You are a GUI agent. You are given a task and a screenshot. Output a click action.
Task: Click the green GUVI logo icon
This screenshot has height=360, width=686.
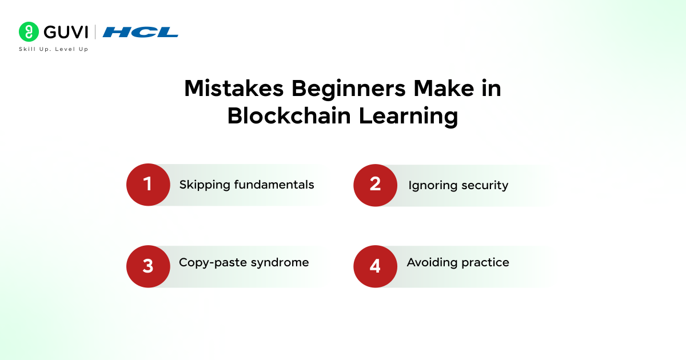coord(29,31)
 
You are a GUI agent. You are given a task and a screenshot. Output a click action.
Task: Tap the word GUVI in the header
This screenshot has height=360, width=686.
coord(66,32)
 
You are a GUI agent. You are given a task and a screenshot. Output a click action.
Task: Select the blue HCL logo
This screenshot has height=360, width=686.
coord(140,32)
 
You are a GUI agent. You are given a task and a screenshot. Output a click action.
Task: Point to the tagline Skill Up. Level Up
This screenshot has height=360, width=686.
coord(54,49)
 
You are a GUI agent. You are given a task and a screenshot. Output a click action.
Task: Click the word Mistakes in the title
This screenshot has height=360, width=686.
coord(234,89)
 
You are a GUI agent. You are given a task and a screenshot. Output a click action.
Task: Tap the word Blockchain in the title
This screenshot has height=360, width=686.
coord(289,115)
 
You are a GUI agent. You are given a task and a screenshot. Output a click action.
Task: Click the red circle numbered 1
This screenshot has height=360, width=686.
coord(148,185)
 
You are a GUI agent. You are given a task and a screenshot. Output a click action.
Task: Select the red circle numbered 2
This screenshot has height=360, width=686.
coord(376,185)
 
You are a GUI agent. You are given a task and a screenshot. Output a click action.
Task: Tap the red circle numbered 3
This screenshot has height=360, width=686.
coord(148,266)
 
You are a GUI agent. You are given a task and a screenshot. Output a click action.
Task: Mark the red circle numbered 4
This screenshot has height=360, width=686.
coord(376,266)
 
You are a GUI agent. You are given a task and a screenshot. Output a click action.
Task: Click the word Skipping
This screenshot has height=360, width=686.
coord(205,185)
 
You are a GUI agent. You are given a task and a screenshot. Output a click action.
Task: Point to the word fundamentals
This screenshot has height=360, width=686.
coord(274,185)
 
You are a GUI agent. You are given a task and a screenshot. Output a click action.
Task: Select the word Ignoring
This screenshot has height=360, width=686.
coord(433,186)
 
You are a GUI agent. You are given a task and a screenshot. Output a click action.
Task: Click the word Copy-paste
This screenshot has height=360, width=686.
coord(213,263)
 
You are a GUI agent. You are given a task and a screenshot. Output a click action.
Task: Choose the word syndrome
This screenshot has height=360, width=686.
coord(280,263)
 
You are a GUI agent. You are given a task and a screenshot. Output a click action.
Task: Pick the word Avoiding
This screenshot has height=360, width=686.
coord(432,263)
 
